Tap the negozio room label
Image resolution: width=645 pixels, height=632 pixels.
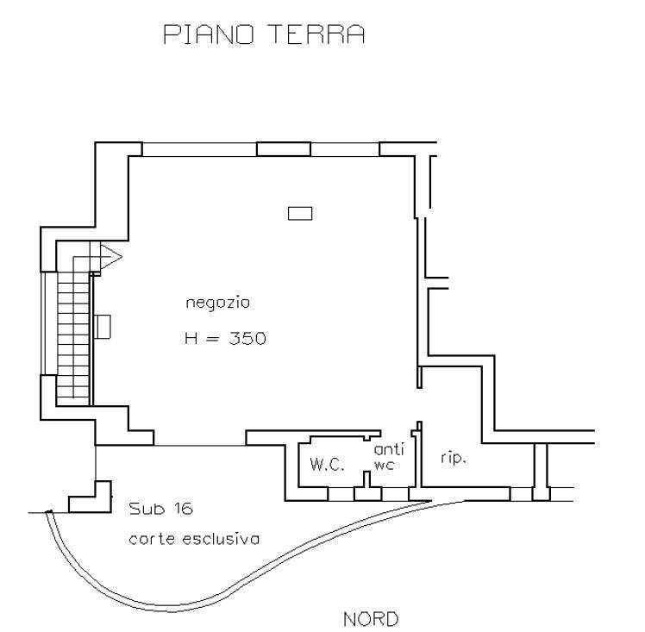[x=217, y=303]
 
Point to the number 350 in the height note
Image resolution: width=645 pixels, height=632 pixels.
[x=247, y=339]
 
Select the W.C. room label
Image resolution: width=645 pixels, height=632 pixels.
[x=327, y=465]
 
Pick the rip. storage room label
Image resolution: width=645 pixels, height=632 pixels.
[x=453, y=459]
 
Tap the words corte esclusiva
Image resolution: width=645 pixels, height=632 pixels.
[x=194, y=539]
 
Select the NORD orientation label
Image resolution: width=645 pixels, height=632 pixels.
[x=371, y=619]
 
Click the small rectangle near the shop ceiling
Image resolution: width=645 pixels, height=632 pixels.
[x=300, y=213]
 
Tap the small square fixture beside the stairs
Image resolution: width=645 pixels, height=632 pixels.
[x=103, y=326]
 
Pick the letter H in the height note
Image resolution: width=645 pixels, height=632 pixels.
[x=191, y=339]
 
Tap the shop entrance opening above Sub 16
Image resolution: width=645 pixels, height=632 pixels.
[x=200, y=445]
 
